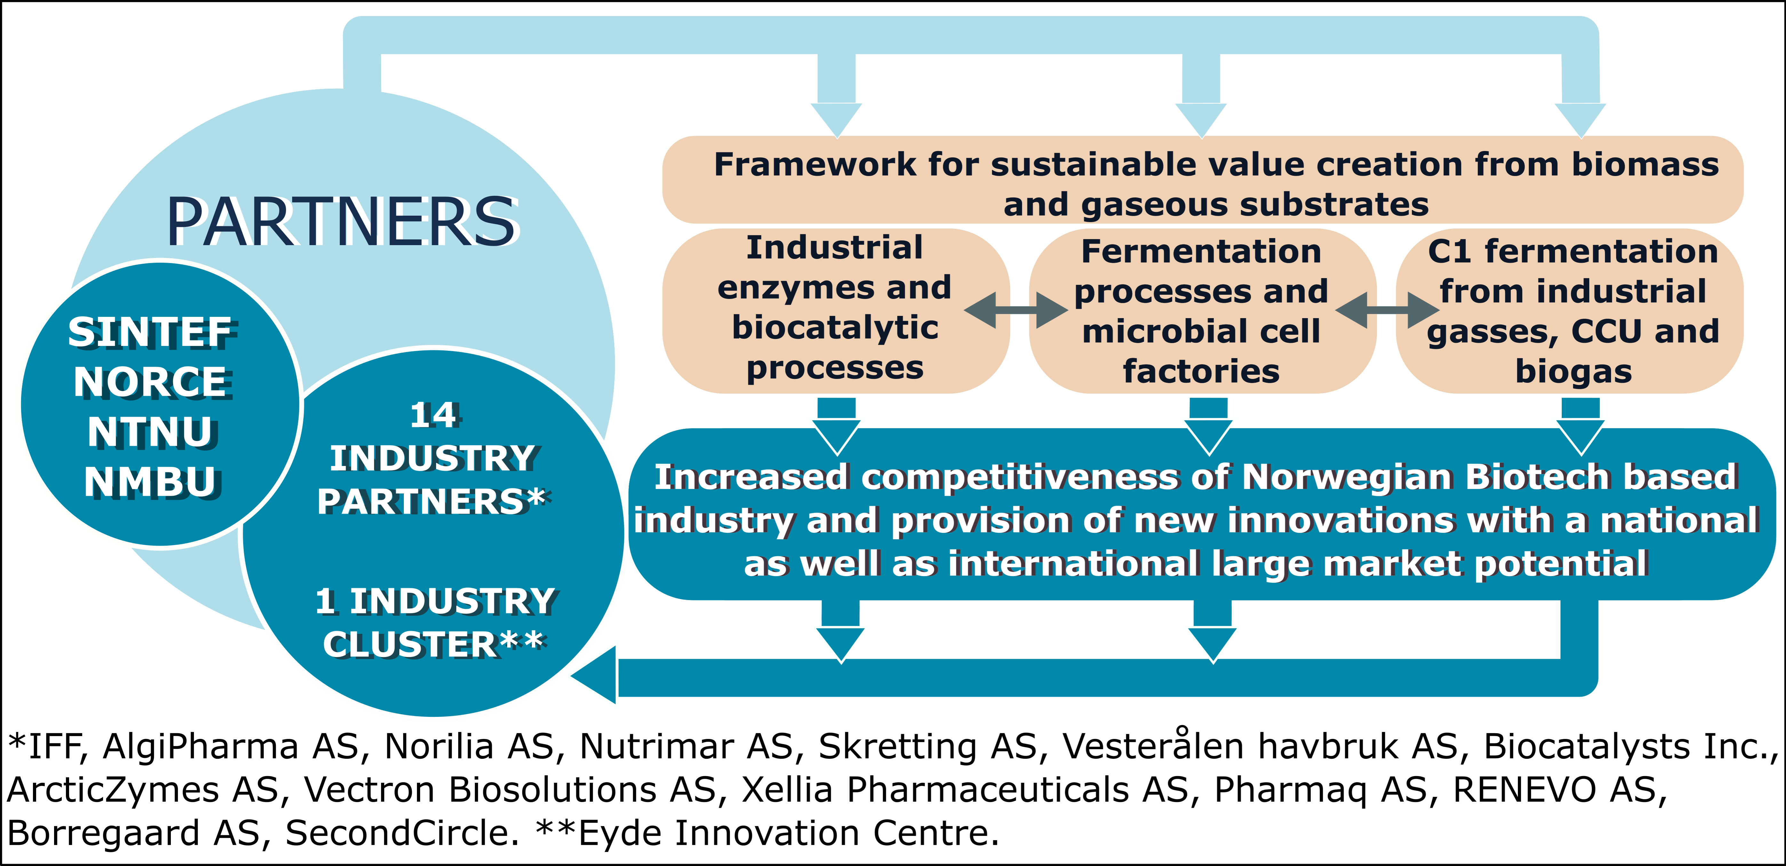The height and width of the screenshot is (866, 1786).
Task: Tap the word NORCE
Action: click(151, 382)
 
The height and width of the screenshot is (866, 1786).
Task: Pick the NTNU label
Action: click(151, 432)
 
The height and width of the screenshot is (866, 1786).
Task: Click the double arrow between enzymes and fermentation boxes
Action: click(1016, 311)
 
